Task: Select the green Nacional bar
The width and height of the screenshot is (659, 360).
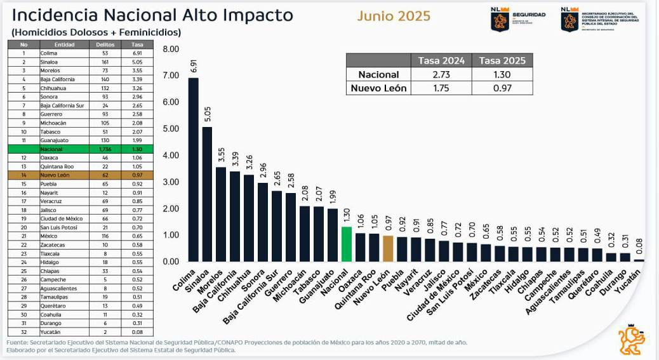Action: pyautogui.click(x=346, y=244)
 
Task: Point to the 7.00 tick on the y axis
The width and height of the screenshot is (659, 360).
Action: pyautogui.click(x=171, y=76)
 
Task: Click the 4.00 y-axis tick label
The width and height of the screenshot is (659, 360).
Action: pyautogui.click(x=171, y=156)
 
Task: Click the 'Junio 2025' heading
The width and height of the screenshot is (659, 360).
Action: pyautogui.click(x=394, y=16)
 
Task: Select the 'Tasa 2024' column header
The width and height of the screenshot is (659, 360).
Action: pyautogui.click(x=441, y=60)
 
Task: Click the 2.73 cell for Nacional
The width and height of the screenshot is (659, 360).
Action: pyautogui.click(x=441, y=74)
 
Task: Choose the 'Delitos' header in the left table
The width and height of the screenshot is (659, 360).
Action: pyautogui.click(x=105, y=44)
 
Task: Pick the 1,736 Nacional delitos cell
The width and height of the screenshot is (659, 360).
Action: pyautogui.click(x=105, y=149)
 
